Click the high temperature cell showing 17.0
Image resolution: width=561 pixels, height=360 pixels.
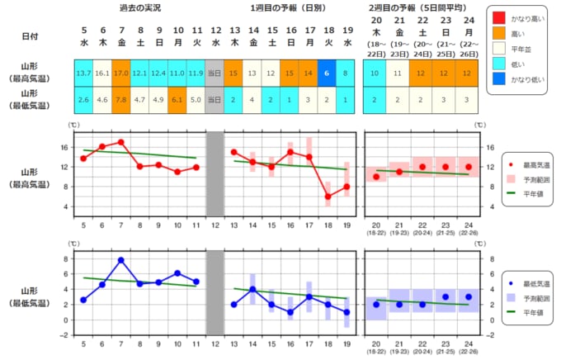120,73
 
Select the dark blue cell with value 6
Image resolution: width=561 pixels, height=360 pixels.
328,73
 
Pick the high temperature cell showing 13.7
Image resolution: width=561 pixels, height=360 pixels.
83,73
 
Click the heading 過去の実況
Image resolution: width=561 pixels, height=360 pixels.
139,7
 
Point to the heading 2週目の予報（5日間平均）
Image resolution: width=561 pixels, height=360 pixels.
421,7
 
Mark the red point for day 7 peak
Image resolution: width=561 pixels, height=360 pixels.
120,142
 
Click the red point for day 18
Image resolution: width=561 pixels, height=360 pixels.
328,197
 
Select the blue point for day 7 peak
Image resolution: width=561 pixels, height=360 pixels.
120,260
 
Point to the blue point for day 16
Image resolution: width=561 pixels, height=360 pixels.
290,312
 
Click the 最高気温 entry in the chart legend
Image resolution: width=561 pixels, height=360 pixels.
535,165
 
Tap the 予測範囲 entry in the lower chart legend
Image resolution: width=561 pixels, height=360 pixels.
535,296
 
